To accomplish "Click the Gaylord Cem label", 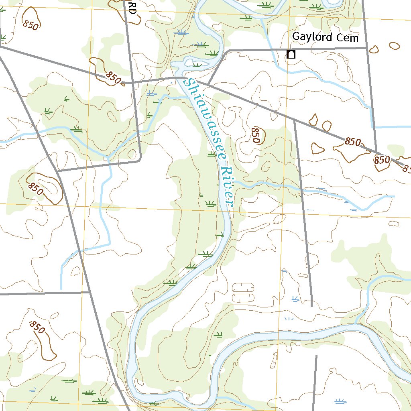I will (325, 37).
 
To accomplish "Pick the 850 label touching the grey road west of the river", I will (114, 77).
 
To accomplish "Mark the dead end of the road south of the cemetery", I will (311, 306).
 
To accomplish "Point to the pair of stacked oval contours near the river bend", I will (243, 293).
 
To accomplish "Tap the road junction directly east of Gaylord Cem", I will (366, 48).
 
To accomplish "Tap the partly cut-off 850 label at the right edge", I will (406, 169).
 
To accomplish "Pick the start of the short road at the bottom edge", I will (316, 356).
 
